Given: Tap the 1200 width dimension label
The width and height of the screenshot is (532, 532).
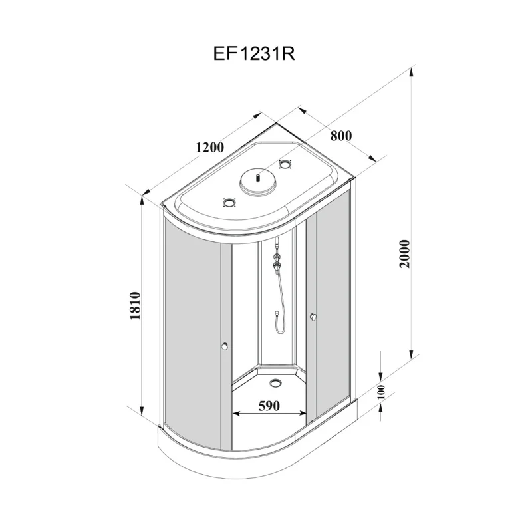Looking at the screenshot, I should point(210,147).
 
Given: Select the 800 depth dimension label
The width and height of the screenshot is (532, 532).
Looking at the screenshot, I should point(340,135).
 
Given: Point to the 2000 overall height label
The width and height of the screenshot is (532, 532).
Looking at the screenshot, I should point(406,252).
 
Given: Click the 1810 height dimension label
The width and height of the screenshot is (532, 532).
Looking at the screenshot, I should point(135,305).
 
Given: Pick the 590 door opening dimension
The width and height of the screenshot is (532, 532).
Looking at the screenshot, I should point(269,404).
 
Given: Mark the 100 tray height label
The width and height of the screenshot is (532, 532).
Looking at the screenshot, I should point(381,392).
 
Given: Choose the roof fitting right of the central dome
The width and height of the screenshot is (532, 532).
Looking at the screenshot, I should point(287,164).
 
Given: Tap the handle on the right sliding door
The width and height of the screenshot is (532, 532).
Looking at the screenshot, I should point(311,317).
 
